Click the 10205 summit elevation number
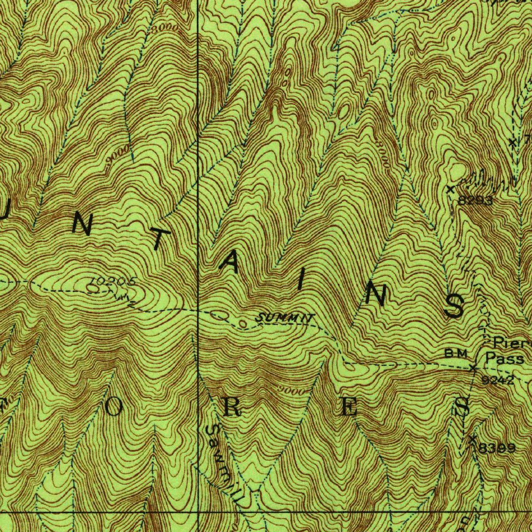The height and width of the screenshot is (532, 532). click(x=113, y=282)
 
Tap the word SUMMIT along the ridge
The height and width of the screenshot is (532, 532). click(x=285, y=317)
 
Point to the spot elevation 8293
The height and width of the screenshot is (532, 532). click(x=475, y=200)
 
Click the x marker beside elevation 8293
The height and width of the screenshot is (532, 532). click(x=450, y=189)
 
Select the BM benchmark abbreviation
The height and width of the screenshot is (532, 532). click(x=456, y=353)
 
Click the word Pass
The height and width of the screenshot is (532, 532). click(x=504, y=358)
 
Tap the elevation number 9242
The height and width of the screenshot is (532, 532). click(x=497, y=380)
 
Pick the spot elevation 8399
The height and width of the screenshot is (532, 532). click(x=497, y=448)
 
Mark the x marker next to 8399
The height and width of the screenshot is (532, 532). click(x=472, y=440)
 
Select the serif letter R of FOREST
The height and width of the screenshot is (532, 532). click(x=232, y=408)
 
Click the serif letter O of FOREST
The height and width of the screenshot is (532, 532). click(x=114, y=408)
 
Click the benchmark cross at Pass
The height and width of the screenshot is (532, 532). click(x=473, y=368)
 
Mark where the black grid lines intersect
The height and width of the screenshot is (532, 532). click(x=198, y=512)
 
